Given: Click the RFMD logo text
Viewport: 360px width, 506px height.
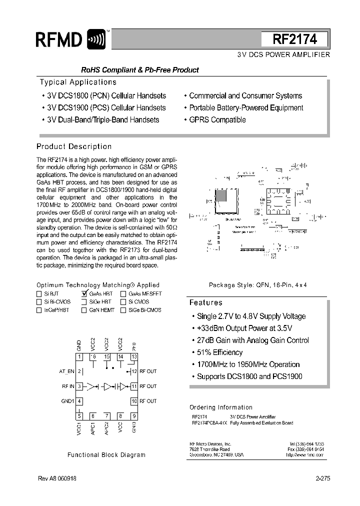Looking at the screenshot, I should pyautogui.click(x=59, y=39).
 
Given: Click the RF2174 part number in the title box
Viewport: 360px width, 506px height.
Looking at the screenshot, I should pyautogui.click(x=294, y=39).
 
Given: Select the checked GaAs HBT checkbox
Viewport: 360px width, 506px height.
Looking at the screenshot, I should pyautogui.click(x=84, y=294).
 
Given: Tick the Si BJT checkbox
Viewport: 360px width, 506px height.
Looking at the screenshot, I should pyautogui.click(x=39, y=294).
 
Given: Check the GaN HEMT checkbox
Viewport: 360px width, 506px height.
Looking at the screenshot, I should pyautogui.click(x=84, y=310).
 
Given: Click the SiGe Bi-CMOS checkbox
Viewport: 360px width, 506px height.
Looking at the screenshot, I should pyautogui.click(x=123, y=310).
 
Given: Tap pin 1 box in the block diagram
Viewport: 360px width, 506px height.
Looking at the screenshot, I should pyautogui.click(x=79, y=356).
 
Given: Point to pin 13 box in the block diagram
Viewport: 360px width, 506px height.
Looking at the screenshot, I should pyautogui.click(x=134, y=356).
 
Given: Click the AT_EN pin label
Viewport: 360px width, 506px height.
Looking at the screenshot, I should pyautogui.click(x=66, y=371).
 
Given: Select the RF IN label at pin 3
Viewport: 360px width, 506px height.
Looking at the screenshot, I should pyautogui.click(x=68, y=386).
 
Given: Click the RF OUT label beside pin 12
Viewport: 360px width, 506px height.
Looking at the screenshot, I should pyautogui.click(x=148, y=371).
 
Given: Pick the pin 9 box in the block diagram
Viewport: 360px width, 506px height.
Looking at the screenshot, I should pyautogui.click(x=134, y=416).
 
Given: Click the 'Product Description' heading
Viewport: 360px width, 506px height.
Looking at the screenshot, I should pyautogui.click(x=74, y=146).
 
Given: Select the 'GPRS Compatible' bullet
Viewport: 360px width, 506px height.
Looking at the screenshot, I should pyautogui.click(x=217, y=120).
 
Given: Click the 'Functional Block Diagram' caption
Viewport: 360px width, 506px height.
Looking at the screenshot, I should pyautogui.click(x=106, y=455).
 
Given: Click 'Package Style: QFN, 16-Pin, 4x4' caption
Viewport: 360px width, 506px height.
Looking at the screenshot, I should pyautogui.click(x=257, y=284).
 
